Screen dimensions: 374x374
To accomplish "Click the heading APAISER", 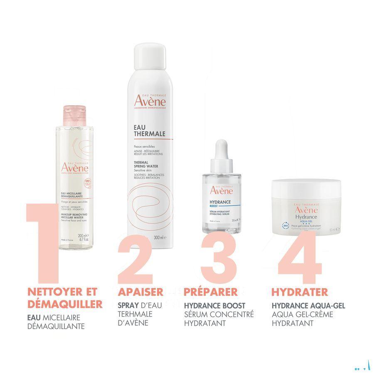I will tap(140, 292).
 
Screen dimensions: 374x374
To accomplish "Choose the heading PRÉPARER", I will tap(211, 292).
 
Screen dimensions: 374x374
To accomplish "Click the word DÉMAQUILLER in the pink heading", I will tap(64, 304).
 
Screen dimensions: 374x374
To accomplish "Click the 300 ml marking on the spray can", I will tap(160, 237).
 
